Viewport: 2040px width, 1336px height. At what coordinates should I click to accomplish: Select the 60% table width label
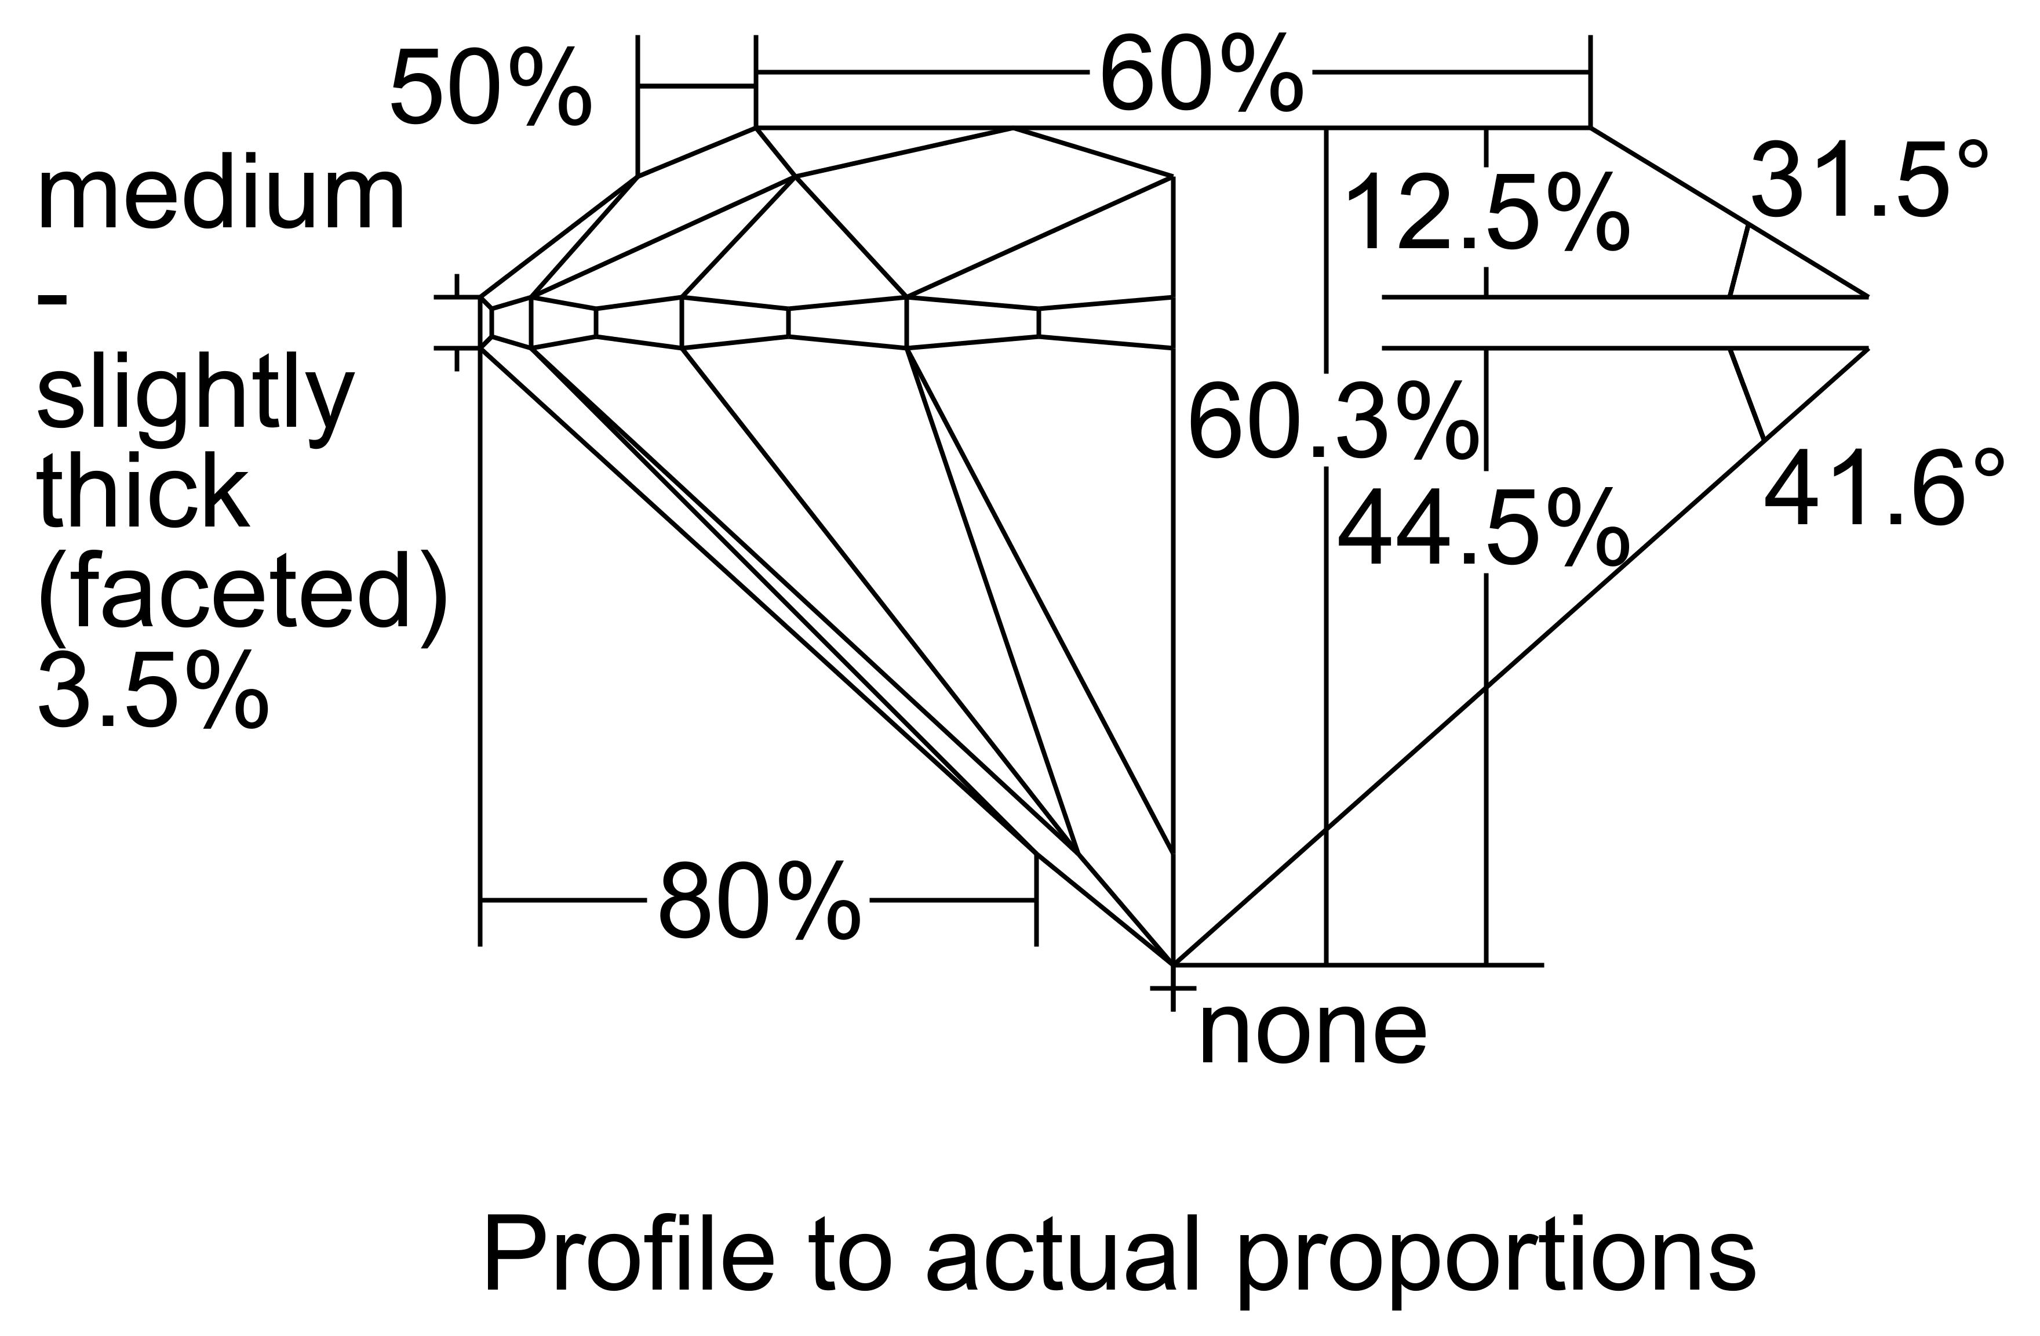[1200, 75]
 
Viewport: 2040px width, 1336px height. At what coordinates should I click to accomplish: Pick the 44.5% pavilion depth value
[1483, 529]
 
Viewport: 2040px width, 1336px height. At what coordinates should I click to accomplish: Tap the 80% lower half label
[759, 903]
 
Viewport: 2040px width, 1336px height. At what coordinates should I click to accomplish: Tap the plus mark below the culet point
[1172, 989]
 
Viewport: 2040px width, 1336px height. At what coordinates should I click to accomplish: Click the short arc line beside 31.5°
[1738, 262]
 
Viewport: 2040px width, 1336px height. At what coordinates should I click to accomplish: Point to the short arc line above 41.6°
[1747, 394]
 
